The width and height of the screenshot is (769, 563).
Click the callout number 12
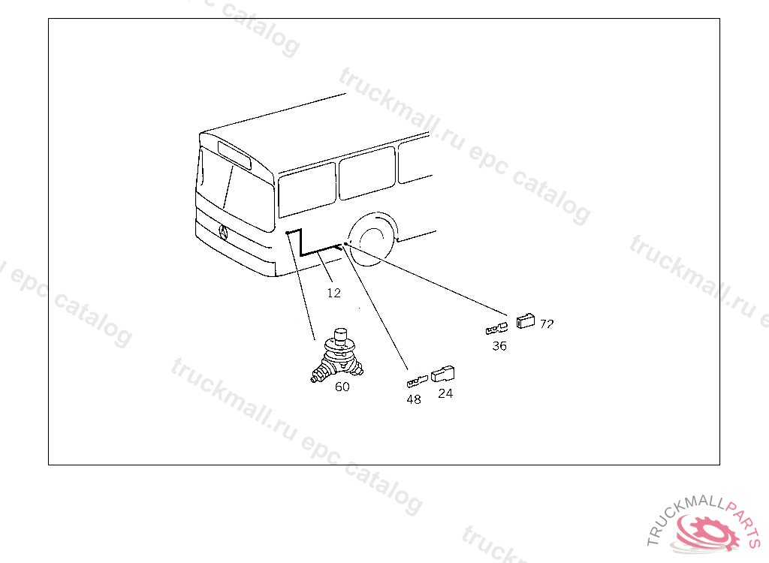point(334,293)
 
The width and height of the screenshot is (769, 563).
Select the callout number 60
point(342,387)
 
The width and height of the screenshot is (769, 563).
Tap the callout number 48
point(414,399)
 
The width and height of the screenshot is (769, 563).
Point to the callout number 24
point(445,393)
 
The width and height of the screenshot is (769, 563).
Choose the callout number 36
point(499,346)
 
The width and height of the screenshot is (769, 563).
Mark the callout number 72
point(547,324)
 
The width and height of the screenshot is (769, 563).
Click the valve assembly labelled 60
point(338,356)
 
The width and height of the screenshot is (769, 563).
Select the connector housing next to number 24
point(442,374)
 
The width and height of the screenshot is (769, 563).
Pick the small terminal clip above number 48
point(418,381)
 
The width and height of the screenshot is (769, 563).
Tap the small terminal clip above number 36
point(496,328)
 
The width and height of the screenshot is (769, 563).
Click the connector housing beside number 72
point(526,321)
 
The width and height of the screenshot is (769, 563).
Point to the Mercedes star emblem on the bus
point(223,233)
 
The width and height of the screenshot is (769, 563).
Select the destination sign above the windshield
point(234,155)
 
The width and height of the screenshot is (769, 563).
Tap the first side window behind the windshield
point(307,190)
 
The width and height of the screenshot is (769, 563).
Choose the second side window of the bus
point(367,173)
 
